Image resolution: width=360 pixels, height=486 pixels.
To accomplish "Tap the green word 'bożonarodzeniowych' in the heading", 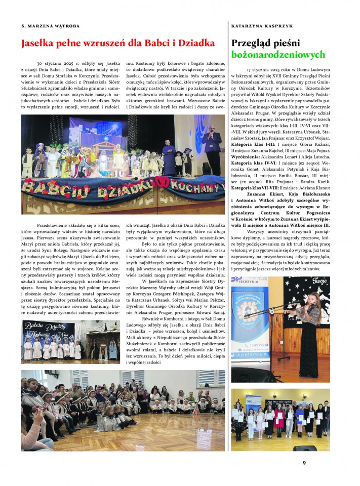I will [x=278, y=54].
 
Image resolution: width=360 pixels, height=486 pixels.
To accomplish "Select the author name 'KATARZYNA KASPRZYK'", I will [x=262, y=25].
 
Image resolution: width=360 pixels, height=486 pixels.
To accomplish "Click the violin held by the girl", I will [x=309, y=307].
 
